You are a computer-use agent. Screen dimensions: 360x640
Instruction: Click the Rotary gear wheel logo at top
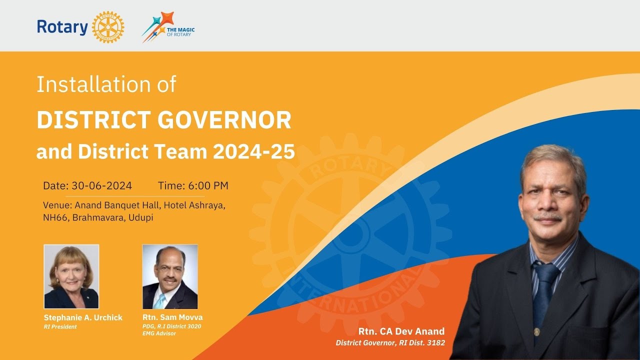(x=108, y=27)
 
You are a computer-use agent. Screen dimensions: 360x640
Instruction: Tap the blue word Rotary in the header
(x=62, y=27)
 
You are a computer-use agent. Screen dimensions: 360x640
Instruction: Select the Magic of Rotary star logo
(x=159, y=26)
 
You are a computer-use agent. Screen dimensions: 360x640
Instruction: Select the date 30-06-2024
(x=101, y=186)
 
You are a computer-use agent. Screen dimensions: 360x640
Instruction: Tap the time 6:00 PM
(x=208, y=186)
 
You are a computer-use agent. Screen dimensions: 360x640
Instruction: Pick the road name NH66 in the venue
(x=56, y=218)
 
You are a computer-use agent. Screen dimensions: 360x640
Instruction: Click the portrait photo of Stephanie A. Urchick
(x=71, y=276)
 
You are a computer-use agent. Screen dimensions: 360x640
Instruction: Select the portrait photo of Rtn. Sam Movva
(x=170, y=276)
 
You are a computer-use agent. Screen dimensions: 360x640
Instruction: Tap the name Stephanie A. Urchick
(x=83, y=317)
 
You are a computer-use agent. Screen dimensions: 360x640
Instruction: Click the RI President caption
(x=60, y=326)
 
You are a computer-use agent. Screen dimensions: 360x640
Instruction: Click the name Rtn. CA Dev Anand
(x=401, y=331)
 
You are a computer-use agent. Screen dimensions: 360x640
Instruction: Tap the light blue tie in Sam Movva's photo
(x=159, y=301)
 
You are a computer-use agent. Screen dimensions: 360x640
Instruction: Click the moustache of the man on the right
(x=548, y=217)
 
